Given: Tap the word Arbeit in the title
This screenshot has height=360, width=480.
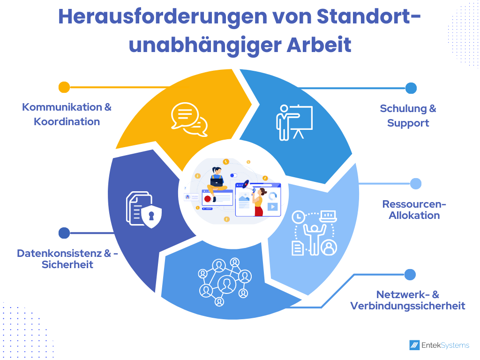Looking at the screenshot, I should click(319, 45).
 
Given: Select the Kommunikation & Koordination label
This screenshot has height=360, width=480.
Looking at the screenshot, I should click(67, 114).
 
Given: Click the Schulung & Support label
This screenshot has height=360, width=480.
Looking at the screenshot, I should click(408, 116).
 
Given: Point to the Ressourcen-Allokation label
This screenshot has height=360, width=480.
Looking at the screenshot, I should click(414, 210).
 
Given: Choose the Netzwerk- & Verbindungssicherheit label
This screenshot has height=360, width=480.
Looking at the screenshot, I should click(407, 300).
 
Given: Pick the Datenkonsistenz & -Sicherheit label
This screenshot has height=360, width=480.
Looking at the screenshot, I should click(67, 259).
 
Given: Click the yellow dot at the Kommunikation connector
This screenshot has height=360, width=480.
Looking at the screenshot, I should click(64, 87).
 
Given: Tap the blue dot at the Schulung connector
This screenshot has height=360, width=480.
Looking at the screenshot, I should click(411, 88).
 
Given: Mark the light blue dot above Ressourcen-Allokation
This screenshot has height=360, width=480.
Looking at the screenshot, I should click(416, 184).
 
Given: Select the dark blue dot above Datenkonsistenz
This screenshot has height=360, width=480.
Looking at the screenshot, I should click(64, 233).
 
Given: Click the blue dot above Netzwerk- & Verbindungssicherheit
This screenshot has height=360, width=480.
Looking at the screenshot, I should click(410, 275).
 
